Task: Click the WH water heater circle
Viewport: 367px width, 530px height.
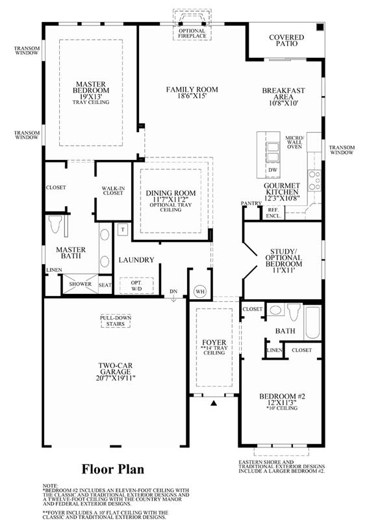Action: [200, 291]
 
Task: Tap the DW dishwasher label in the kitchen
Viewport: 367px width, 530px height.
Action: [273, 170]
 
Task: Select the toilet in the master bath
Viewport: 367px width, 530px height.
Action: [55, 225]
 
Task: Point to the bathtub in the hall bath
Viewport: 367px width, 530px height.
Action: [312, 323]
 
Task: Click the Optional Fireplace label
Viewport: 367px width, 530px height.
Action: [192, 33]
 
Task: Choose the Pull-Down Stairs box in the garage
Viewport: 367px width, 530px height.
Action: [116, 321]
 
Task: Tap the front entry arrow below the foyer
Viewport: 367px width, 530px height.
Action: [214, 403]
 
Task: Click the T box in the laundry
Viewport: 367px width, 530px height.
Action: [123, 230]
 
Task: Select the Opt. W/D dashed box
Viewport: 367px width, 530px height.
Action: [136, 285]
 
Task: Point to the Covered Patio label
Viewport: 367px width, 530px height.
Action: [286, 40]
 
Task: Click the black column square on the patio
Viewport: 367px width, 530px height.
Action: [320, 27]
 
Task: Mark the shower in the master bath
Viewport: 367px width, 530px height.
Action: [81, 284]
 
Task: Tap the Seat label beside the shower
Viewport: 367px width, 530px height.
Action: [105, 285]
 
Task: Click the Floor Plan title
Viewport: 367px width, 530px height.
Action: [113, 469]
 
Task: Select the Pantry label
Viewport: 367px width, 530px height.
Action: [251, 203]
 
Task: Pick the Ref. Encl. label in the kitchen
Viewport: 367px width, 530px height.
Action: [273, 213]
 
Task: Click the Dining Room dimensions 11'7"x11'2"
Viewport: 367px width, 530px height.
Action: [171, 199]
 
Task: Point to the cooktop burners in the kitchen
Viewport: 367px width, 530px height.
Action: [314, 181]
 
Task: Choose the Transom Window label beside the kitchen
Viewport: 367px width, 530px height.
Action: [342, 150]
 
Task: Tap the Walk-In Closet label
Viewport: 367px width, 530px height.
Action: [113, 191]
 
